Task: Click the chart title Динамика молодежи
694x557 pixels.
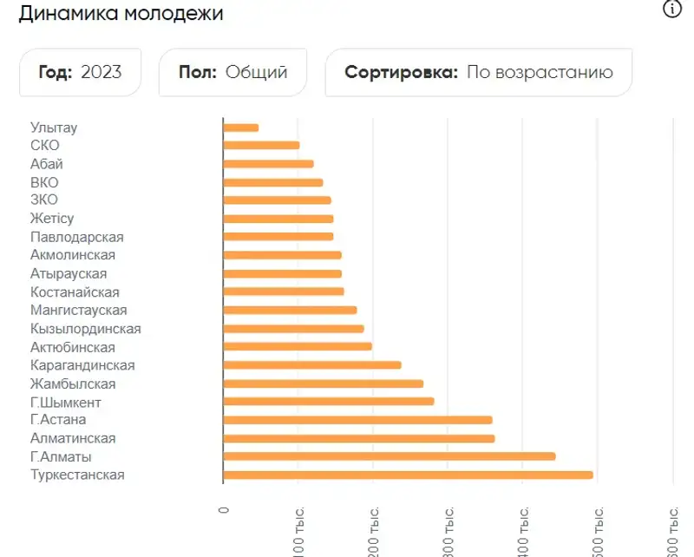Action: (x=121, y=14)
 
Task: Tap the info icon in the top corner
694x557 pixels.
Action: (x=672, y=10)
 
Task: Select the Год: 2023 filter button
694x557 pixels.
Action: (x=80, y=72)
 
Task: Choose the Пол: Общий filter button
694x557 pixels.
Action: (x=232, y=72)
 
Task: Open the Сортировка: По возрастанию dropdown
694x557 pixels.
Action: (x=478, y=72)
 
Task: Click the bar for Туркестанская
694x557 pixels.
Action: (x=408, y=475)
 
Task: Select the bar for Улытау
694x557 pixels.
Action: (x=241, y=128)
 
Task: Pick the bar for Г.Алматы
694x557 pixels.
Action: (x=389, y=456)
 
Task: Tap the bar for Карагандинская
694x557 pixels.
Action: (x=312, y=365)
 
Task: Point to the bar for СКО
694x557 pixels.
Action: (x=261, y=146)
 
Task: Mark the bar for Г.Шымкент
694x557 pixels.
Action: (x=328, y=402)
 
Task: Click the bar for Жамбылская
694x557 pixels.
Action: (x=323, y=383)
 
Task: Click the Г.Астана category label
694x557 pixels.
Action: (x=58, y=420)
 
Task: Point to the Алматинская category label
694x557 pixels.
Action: (x=73, y=438)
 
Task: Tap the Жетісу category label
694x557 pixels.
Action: (x=52, y=219)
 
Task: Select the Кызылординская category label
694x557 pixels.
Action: (x=85, y=329)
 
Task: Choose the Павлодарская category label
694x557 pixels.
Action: (x=76, y=237)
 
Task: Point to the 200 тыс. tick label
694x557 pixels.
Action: (x=373, y=529)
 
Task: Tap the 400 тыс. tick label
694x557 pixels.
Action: (x=522, y=529)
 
